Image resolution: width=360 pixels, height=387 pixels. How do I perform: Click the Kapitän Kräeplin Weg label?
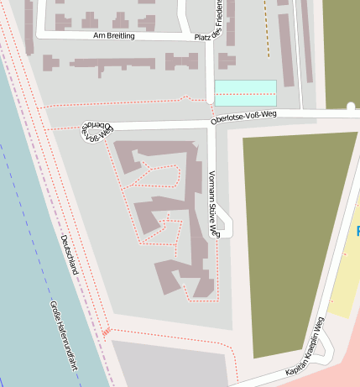pyautogui.click(x=304, y=346)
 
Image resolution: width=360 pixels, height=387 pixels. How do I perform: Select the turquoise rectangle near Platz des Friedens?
pyautogui.click(x=245, y=92)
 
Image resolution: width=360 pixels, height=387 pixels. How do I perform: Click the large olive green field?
pyautogui.click(x=289, y=235)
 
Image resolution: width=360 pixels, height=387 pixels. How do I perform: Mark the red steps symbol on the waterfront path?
pyautogui.click(x=107, y=332)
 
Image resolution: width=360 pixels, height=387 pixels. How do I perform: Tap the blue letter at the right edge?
pyautogui.click(x=357, y=231)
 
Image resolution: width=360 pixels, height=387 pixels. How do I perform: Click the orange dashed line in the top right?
pyautogui.click(x=267, y=29)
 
